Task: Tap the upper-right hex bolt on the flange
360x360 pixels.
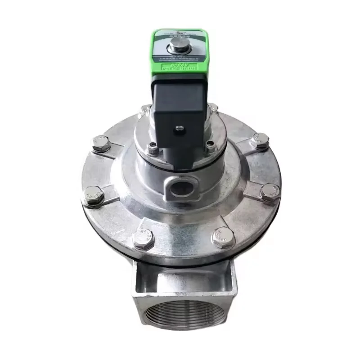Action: [260, 141]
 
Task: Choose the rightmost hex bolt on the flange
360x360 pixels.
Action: [270, 193]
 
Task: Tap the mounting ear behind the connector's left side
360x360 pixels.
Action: [145, 109]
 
